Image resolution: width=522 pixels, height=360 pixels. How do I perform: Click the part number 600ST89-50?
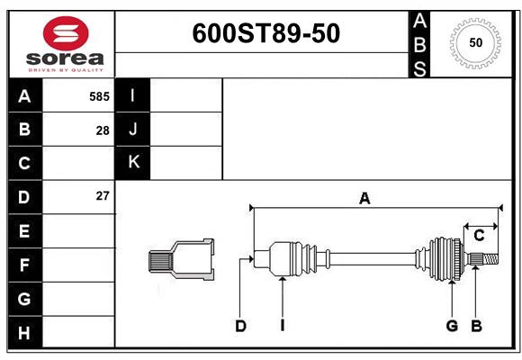[x=266, y=34]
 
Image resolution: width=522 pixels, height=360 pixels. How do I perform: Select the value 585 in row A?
[x=99, y=96]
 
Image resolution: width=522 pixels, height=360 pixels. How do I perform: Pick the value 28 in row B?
[x=103, y=130]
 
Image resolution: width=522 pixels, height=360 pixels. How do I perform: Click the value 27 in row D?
[x=103, y=196]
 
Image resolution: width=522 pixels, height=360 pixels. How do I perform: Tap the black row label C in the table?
[x=24, y=163]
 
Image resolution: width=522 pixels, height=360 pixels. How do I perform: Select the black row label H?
[x=24, y=332]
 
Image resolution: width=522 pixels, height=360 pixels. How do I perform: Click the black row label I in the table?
[x=133, y=96]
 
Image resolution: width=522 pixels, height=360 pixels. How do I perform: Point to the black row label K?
[x=133, y=163]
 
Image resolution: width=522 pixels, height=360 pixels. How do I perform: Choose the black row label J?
[x=133, y=130]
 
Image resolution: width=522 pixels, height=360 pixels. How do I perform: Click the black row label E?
[x=24, y=231]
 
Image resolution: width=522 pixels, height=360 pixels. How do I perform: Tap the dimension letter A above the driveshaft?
[x=365, y=199]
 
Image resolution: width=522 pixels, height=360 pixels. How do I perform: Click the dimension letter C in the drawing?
[x=479, y=236]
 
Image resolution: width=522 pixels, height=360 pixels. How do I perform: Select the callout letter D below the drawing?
[x=240, y=326]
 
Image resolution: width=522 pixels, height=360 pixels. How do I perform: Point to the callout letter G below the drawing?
[x=452, y=326]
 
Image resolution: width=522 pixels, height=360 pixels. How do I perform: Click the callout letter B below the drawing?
[x=477, y=326]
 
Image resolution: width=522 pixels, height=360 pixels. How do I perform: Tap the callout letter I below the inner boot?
[x=282, y=326]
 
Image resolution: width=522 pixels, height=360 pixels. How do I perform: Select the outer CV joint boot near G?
[x=445, y=257]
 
